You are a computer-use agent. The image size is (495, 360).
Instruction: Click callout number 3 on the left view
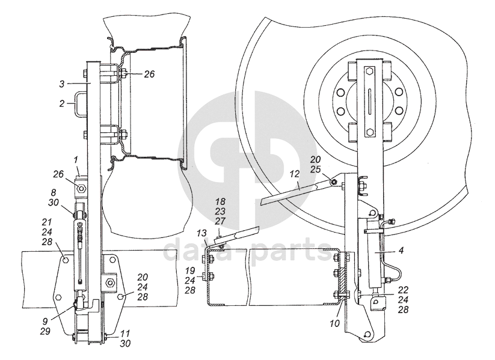[x=62, y=84]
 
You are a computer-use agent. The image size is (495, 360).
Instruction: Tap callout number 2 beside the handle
[x=62, y=103]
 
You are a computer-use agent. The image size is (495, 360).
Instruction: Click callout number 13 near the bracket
[x=201, y=233]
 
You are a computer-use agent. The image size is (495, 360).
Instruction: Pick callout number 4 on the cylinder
[x=401, y=251]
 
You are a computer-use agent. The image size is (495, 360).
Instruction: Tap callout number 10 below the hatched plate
[x=335, y=323]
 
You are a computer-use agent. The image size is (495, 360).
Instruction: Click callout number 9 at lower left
[x=45, y=321]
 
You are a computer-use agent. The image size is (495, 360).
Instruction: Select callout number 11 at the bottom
[x=125, y=333]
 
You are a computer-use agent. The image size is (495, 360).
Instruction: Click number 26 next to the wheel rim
[x=149, y=74]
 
